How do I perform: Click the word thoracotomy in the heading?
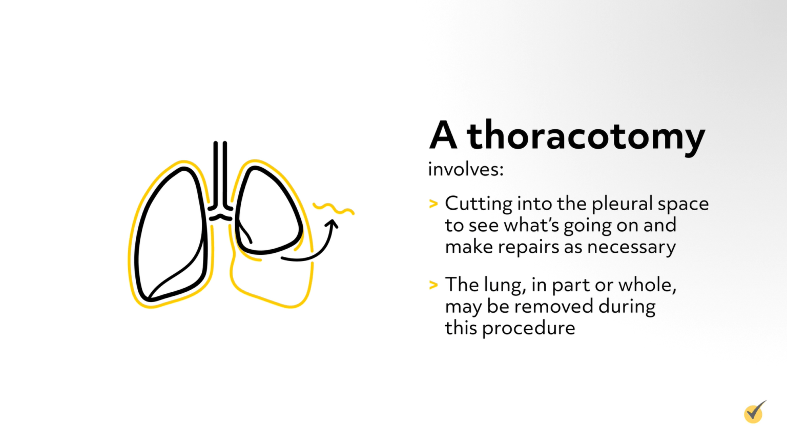click(586, 136)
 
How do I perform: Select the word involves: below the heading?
click(466, 169)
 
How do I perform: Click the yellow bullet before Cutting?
click(433, 204)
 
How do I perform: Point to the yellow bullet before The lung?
click(433, 285)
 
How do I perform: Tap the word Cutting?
click(479, 204)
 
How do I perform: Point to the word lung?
click(505, 285)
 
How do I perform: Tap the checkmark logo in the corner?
click(754, 412)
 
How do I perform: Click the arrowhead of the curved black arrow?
click(333, 224)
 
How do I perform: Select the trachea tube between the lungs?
click(220, 174)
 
